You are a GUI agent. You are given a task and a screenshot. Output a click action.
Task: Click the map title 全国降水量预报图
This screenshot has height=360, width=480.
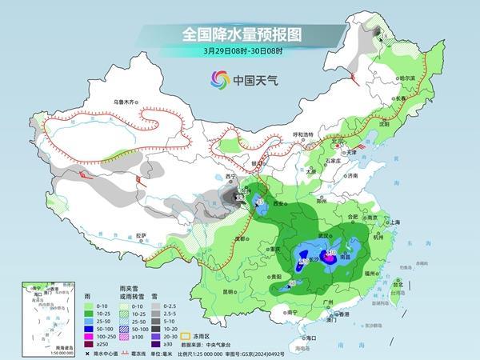click(x=239, y=35)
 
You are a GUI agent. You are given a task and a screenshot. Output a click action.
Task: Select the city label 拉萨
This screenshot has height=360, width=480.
click(x=141, y=235)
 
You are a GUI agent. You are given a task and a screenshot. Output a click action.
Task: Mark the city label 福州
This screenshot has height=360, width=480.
click(x=374, y=274)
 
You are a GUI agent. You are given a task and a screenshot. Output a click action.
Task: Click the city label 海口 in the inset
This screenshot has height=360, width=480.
click(x=34, y=295)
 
